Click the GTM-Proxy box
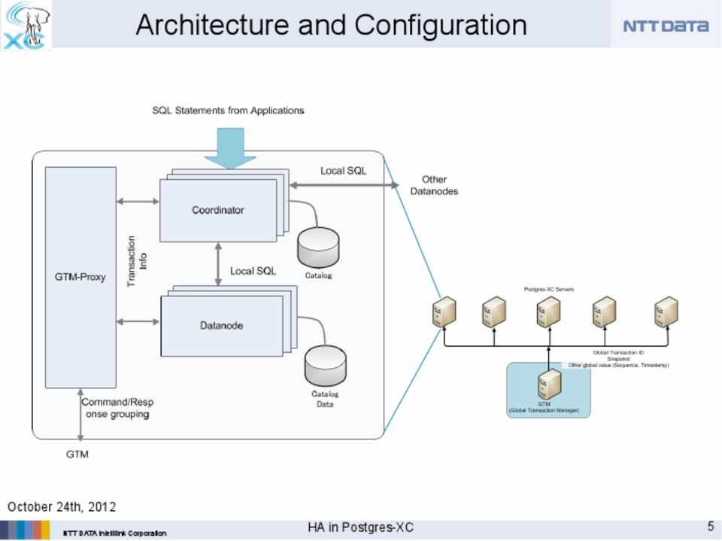(80, 277)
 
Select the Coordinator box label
(217, 210)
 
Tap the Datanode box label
(221, 326)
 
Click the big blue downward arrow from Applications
(230, 147)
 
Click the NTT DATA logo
(666, 26)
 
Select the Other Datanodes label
(434, 185)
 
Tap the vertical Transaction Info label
(137, 261)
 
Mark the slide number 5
(710, 526)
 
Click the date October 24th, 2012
(62, 506)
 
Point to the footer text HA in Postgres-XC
(360, 527)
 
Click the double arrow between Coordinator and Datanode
(218, 263)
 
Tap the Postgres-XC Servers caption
(549, 289)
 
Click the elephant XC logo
(26, 25)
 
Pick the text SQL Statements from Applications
(228, 111)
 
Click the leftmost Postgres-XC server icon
(444, 311)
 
